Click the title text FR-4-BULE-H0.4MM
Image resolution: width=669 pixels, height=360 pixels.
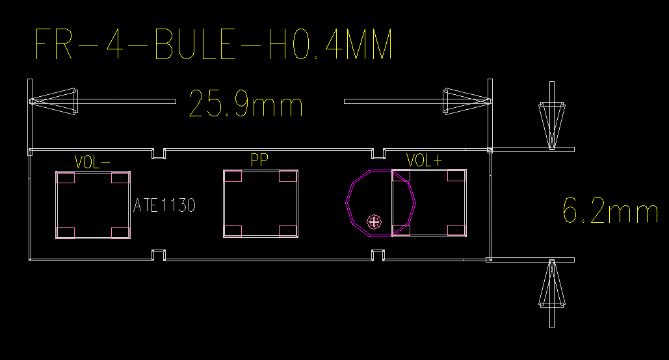(213, 44)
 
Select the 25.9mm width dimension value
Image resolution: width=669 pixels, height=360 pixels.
(246, 103)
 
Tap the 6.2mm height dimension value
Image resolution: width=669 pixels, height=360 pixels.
(610, 211)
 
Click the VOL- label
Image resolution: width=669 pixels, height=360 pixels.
(92, 162)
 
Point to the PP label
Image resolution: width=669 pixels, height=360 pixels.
(259, 160)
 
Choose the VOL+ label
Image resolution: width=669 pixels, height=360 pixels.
(424, 161)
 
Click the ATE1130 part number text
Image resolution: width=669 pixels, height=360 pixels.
(164, 205)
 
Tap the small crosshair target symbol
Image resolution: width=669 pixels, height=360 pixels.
(374, 222)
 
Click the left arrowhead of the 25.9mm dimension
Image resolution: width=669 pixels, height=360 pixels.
(54, 101)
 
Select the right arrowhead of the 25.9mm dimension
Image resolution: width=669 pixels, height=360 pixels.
(467, 101)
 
